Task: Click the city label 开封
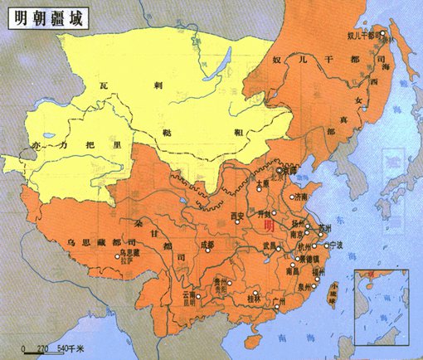click(x=267, y=213)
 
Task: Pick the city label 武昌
click(x=267, y=245)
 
